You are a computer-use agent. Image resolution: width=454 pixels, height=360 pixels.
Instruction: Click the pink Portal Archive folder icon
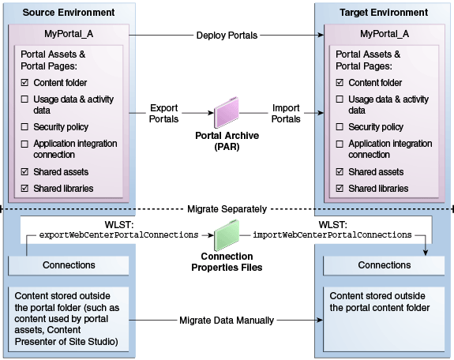(227, 112)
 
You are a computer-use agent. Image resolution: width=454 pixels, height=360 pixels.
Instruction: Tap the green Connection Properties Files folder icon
(227, 235)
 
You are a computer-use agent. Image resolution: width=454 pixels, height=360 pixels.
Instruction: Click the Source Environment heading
(69, 13)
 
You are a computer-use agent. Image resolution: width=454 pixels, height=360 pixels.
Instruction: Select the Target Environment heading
(384, 13)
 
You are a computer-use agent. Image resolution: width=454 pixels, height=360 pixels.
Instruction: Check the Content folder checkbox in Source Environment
(24, 83)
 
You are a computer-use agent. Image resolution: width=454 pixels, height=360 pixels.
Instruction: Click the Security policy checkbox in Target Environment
(340, 127)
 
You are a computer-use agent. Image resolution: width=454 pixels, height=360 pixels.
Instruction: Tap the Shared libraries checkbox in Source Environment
(24, 189)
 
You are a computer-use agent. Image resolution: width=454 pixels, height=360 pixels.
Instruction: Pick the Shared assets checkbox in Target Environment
(340, 172)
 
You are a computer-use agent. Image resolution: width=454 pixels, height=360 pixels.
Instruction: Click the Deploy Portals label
(227, 36)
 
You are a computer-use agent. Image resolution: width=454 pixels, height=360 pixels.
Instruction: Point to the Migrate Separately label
(227, 209)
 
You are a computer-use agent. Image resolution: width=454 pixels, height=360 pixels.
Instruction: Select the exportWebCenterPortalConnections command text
(118, 234)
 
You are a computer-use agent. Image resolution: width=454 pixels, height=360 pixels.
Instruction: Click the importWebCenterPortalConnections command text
(332, 234)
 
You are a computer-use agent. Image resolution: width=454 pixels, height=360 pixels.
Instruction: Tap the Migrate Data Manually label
(227, 321)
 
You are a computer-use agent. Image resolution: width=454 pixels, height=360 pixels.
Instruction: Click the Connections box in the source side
(69, 265)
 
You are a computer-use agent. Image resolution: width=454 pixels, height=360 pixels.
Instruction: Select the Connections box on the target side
(384, 265)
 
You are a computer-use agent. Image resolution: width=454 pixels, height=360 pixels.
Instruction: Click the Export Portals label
(163, 113)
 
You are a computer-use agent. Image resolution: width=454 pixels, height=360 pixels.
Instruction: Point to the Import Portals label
(286, 113)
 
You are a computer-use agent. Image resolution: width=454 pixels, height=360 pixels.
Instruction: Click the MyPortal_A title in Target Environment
(385, 34)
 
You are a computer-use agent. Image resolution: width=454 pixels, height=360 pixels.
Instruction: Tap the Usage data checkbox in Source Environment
(24, 99)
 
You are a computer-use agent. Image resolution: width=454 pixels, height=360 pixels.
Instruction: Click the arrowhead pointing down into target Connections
(426, 253)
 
